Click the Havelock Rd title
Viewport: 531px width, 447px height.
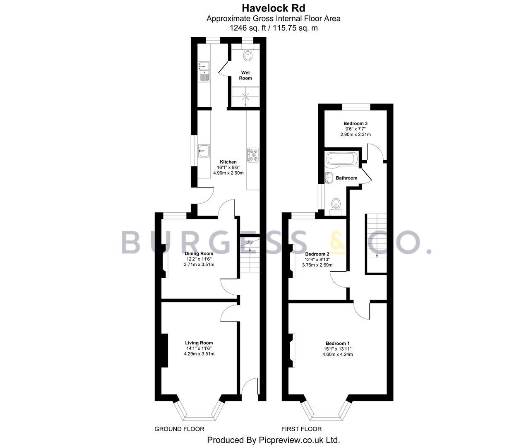[x=274, y=8]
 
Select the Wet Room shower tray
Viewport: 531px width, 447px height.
[x=245, y=97]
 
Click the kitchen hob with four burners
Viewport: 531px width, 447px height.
[x=253, y=155]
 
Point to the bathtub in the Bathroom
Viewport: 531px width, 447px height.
[x=342, y=158]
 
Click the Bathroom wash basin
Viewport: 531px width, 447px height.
[x=329, y=177]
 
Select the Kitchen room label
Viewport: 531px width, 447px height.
[x=228, y=162]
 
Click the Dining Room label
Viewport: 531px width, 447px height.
[x=199, y=253]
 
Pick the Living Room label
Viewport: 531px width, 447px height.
[x=199, y=343]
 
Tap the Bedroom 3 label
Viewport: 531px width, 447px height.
[x=356, y=123]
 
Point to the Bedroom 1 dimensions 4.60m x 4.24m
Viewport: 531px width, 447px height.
[x=338, y=354]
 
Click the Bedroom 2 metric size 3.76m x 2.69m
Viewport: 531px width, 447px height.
[x=317, y=265]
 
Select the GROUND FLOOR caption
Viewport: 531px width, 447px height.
[x=179, y=429]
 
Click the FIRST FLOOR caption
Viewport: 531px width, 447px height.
[x=301, y=429]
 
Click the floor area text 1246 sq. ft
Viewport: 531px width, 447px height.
[x=247, y=28]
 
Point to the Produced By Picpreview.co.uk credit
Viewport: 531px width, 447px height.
[x=274, y=440]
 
